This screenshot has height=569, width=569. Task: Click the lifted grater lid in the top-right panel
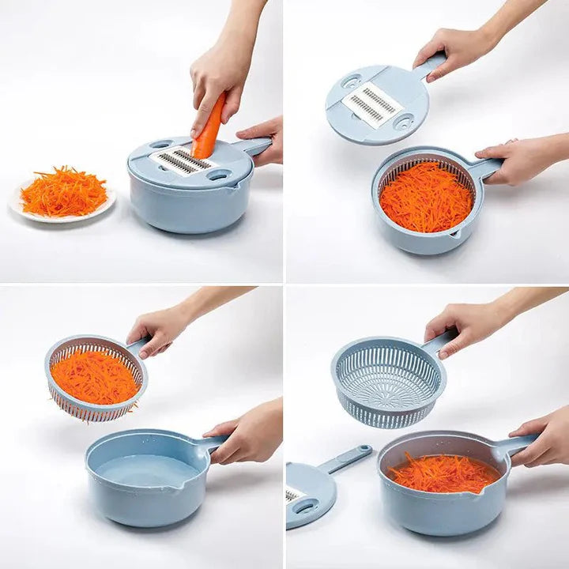[378, 103]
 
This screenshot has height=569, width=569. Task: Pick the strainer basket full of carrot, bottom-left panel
[95, 376]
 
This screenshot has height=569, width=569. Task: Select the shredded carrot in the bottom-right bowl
[443, 472]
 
